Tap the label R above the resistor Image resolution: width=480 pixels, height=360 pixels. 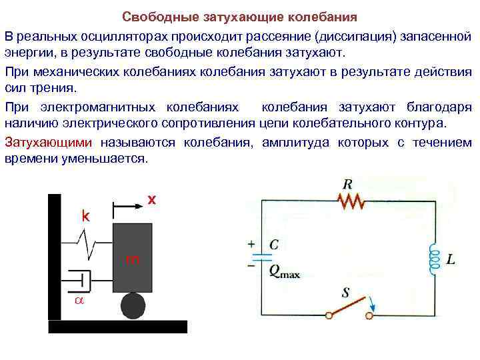click(347, 183)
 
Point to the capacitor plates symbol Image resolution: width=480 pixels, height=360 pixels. click(264, 255)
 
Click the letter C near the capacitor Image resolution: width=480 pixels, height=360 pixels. click(274, 245)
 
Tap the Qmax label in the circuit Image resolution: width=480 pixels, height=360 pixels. click(284, 271)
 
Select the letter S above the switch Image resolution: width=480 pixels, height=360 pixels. click(346, 291)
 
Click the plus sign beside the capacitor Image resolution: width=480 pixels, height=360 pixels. click(251, 244)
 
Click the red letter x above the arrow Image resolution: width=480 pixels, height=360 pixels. click(151, 199)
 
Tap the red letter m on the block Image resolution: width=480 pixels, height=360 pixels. click(133, 259)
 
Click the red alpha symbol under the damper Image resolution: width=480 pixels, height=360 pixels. click(78, 301)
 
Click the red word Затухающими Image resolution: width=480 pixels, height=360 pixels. click(52, 143)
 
